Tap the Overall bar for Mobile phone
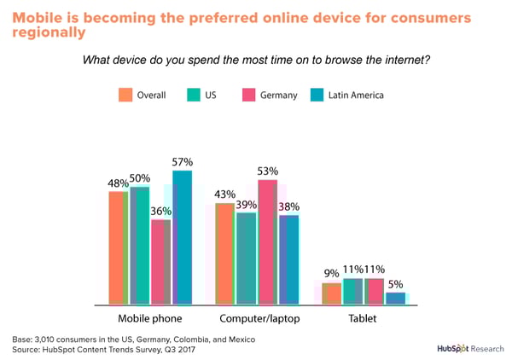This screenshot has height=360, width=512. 118,247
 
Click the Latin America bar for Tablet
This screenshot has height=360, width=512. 395,298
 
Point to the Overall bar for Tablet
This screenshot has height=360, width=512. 331,293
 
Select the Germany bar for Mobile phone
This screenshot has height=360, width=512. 160,261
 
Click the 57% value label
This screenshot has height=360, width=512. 183,162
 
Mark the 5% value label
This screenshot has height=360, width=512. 396,285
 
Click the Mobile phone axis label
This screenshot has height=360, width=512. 148,319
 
